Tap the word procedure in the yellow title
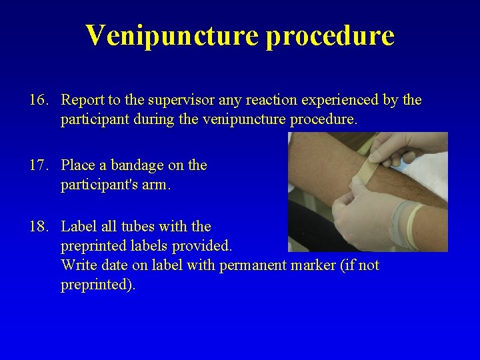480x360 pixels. (330, 35)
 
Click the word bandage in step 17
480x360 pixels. (137, 165)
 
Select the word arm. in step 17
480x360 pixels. (155, 185)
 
